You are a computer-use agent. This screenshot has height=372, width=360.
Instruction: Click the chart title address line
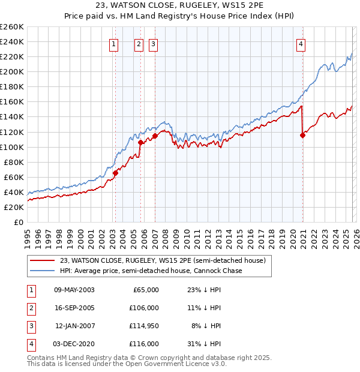179,6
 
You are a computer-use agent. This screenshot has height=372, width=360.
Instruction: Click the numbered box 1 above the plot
114,43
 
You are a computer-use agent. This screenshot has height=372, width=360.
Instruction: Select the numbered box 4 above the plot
301,43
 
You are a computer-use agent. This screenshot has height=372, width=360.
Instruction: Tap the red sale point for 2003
115,173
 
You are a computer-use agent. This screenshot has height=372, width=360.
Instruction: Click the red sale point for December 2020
302,135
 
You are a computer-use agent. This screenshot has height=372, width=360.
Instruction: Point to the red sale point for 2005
140,143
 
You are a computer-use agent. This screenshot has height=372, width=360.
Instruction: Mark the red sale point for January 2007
155,136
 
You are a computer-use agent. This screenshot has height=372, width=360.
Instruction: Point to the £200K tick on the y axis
12,71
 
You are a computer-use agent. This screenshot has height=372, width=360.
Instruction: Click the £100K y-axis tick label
12,147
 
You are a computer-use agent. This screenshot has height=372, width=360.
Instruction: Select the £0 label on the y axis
18,222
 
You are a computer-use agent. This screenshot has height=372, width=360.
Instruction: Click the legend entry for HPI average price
150,271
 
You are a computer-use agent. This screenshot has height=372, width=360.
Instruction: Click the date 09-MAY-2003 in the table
74,290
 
